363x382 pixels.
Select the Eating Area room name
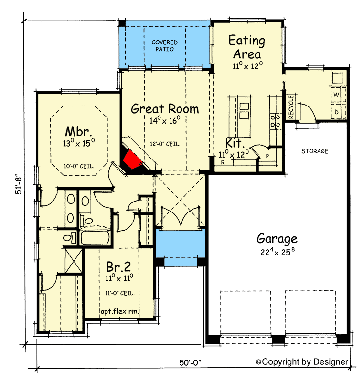[x=246, y=47]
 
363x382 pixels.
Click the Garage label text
[x=277, y=238]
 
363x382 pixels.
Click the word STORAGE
[x=315, y=151]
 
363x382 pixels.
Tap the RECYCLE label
[x=291, y=107]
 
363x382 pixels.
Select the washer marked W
[x=336, y=95]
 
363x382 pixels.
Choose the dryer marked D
[x=336, y=111]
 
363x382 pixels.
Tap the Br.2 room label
[x=117, y=265]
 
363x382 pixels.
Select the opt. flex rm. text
[x=119, y=311]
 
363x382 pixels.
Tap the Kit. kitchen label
[x=236, y=143]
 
